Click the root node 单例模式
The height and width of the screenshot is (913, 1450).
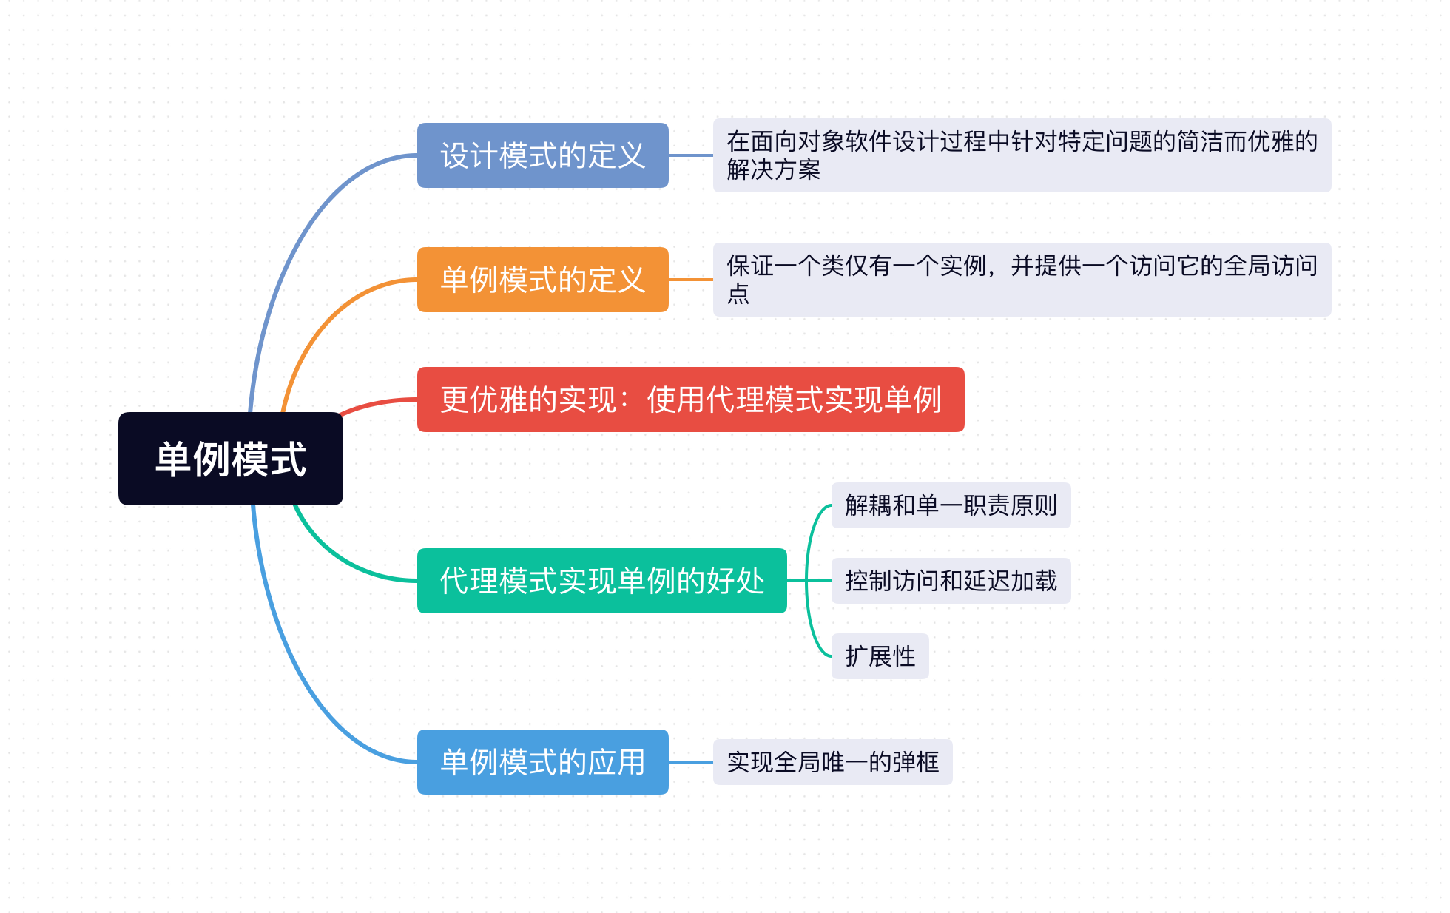pyautogui.click(x=230, y=459)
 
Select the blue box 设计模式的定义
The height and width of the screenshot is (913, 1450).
pyautogui.click(x=542, y=155)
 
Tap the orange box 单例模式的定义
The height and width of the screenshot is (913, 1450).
pyautogui.click(x=542, y=280)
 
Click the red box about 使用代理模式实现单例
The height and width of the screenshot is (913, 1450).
pyautogui.click(x=690, y=400)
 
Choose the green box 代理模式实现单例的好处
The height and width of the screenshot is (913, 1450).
pyautogui.click(x=601, y=581)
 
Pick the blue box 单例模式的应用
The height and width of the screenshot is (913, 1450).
pyautogui.click(x=542, y=762)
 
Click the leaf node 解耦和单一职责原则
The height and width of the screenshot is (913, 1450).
pyautogui.click(x=951, y=505)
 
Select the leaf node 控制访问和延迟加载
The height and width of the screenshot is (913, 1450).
pyautogui.click(x=951, y=581)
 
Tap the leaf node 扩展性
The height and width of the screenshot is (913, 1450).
pyautogui.click(x=880, y=656)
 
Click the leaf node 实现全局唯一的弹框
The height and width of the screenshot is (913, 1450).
pyautogui.click(x=832, y=762)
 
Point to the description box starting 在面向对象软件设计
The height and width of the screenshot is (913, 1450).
pyautogui.click(x=1021, y=155)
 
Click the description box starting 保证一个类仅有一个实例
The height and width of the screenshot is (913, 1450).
pyautogui.click(x=1021, y=280)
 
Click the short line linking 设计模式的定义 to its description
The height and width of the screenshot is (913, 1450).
pyautogui.click(x=691, y=155)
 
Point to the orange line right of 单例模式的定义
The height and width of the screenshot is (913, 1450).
pyautogui.click(x=691, y=280)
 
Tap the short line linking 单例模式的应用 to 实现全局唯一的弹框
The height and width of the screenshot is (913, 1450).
pyautogui.click(x=691, y=762)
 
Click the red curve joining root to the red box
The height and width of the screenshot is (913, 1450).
pyautogui.click(x=377, y=403)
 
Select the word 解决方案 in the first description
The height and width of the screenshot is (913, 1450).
pyautogui.click(x=773, y=170)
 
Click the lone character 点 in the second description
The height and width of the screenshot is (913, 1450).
pyautogui.click(x=738, y=294)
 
